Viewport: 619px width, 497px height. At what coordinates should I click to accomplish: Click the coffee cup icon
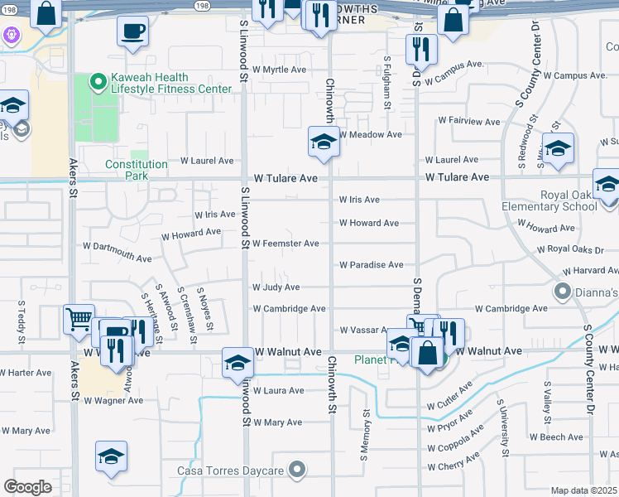tap(133, 31)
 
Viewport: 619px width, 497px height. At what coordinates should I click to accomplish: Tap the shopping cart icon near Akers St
tap(79, 319)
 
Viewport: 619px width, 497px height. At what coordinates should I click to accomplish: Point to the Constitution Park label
tap(137, 170)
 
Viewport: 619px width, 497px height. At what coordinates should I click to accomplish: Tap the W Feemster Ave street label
tap(286, 244)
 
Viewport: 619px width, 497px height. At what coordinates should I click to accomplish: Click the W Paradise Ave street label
tap(371, 265)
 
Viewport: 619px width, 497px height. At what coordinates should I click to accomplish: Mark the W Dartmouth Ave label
tap(117, 246)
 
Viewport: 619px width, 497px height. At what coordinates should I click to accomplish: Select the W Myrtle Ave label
tap(279, 70)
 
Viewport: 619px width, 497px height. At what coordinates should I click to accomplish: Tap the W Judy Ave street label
tap(276, 287)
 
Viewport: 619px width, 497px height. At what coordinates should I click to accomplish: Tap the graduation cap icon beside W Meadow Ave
tap(324, 142)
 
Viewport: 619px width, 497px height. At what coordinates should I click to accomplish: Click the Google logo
tap(27, 487)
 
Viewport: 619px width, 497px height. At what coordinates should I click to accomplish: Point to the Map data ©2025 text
tap(584, 490)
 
